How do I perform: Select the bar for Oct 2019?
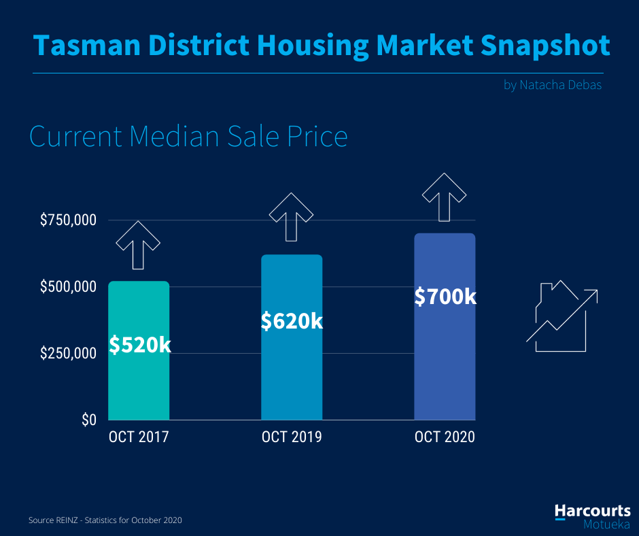292,374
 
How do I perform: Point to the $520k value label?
140,345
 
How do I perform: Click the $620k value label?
292,320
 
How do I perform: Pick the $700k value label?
445,297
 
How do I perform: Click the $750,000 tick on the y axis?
68,220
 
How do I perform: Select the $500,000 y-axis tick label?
68,287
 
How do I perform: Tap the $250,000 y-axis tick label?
68,354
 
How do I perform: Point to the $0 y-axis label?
89,420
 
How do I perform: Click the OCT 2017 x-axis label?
139,437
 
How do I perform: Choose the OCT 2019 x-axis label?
292,437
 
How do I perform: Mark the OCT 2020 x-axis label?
445,437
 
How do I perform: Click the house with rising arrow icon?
562,316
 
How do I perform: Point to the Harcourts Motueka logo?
592,516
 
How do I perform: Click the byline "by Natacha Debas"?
553,86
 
